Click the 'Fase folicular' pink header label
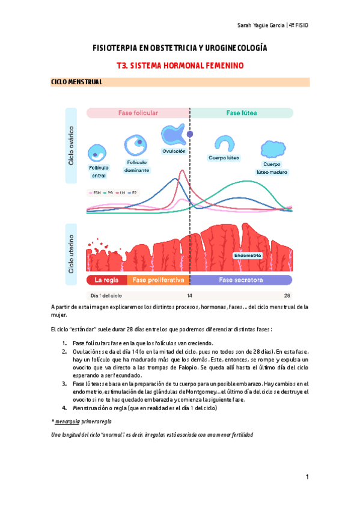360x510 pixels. coord(138,112)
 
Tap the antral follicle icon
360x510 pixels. coord(99,153)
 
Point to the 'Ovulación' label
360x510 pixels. coord(174,151)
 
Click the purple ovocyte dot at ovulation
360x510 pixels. coord(190,134)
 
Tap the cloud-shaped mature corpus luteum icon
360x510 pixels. coord(272,149)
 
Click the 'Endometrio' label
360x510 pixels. coord(248,255)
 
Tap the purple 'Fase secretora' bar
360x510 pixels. coord(240,280)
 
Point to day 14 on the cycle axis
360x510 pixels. coord(190,295)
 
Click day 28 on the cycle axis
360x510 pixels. coord(288,295)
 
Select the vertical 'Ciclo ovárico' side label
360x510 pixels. coord(72,146)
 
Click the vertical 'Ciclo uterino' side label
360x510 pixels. coord(72,254)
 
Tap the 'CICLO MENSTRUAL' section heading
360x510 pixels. coord(76,82)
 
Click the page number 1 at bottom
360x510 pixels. coord(307,477)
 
